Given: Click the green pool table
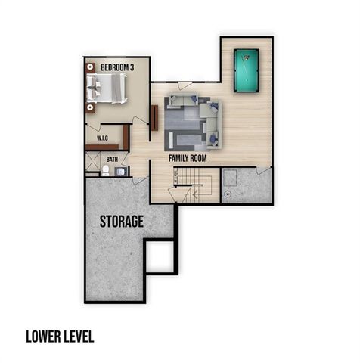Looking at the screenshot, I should click(x=247, y=70).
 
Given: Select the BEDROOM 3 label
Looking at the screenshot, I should click(x=117, y=67).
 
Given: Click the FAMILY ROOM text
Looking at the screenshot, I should click(x=188, y=159).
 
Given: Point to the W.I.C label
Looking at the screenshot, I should click(x=104, y=139).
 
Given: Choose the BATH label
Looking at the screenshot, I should click(x=112, y=160).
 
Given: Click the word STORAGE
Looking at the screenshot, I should click(x=121, y=222).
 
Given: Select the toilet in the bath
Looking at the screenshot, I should click(x=106, y=171).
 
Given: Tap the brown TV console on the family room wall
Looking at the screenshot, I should click(x=154, y=117).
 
